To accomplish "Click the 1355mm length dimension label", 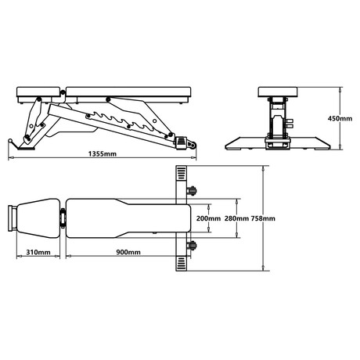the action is coord(103,153).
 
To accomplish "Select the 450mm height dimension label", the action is coord(340,118).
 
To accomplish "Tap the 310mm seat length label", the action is coord(38,252).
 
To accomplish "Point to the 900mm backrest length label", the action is coord(128,252).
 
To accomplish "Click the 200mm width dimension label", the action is coord(208,218).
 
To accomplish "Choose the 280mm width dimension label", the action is coord(236,218).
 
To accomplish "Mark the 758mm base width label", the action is coord(263,218).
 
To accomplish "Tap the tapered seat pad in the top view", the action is coord(38,218).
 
